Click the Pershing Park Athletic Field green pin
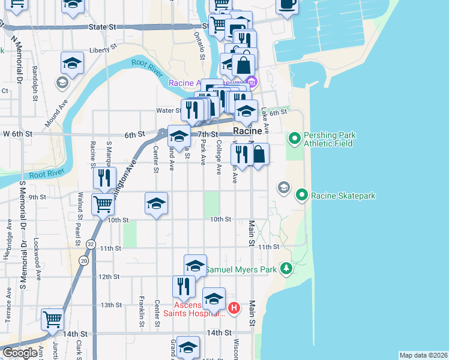coord(294,139)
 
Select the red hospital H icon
coord(234,309)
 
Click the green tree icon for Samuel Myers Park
coord(286,269)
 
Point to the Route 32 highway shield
coord(90,244)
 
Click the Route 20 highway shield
coord(82,260)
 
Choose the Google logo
coord(19,353)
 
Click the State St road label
coord(101,27)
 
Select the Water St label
coord(168,110)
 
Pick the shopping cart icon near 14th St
coord(53,319)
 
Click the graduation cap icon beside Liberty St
coord(71,63)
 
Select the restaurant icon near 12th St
coord(184,286)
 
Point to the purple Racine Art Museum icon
coord(252,82)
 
